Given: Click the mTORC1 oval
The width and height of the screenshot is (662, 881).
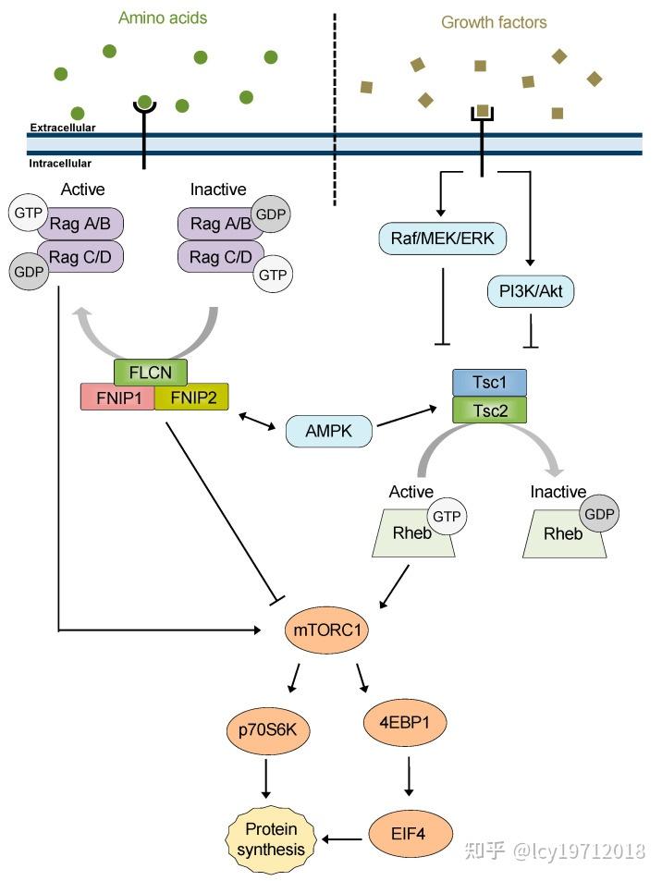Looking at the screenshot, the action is (x=326, y=630).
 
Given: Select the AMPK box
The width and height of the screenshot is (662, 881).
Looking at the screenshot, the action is (x=329, y=431).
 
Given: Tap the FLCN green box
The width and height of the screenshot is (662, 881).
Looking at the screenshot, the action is (x=151, y=372).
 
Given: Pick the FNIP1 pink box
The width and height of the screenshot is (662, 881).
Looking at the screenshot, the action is (x=117, y=398).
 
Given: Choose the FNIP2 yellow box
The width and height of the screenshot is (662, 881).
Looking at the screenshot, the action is (x=191, y=398).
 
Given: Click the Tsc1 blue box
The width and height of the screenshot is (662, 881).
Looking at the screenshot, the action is (x=489, y=383).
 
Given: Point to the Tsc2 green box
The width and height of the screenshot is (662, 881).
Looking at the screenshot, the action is (x=489, y=410).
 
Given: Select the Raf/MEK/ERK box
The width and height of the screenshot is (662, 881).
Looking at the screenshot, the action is (x=442, y=239).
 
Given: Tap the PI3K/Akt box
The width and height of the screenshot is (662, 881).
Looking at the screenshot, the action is (x=531, y=291).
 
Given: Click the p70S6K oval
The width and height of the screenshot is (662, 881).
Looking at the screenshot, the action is (x=267, y=730).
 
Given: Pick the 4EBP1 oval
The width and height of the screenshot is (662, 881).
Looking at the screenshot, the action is (x=405, y=722).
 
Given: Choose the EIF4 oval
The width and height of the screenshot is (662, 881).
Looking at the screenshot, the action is (x=411, y=833).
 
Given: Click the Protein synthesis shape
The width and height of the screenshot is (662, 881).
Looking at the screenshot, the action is (x=271, y=839).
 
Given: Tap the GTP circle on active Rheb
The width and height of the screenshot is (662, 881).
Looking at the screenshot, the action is (x=447, y=516).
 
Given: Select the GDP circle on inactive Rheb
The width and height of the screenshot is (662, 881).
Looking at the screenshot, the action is (x=600, y=514).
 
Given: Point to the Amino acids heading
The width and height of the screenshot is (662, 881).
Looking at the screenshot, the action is (x=163, y=18).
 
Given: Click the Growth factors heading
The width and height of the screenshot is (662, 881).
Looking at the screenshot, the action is (x=494, y=22).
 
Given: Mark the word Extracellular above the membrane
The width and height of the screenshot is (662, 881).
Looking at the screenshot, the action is (x=63, y=128).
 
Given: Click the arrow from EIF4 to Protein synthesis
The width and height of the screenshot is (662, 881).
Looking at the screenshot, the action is (x=342, y=839).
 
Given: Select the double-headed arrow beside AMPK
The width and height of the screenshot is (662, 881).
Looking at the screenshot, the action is (x=257, y=422).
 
